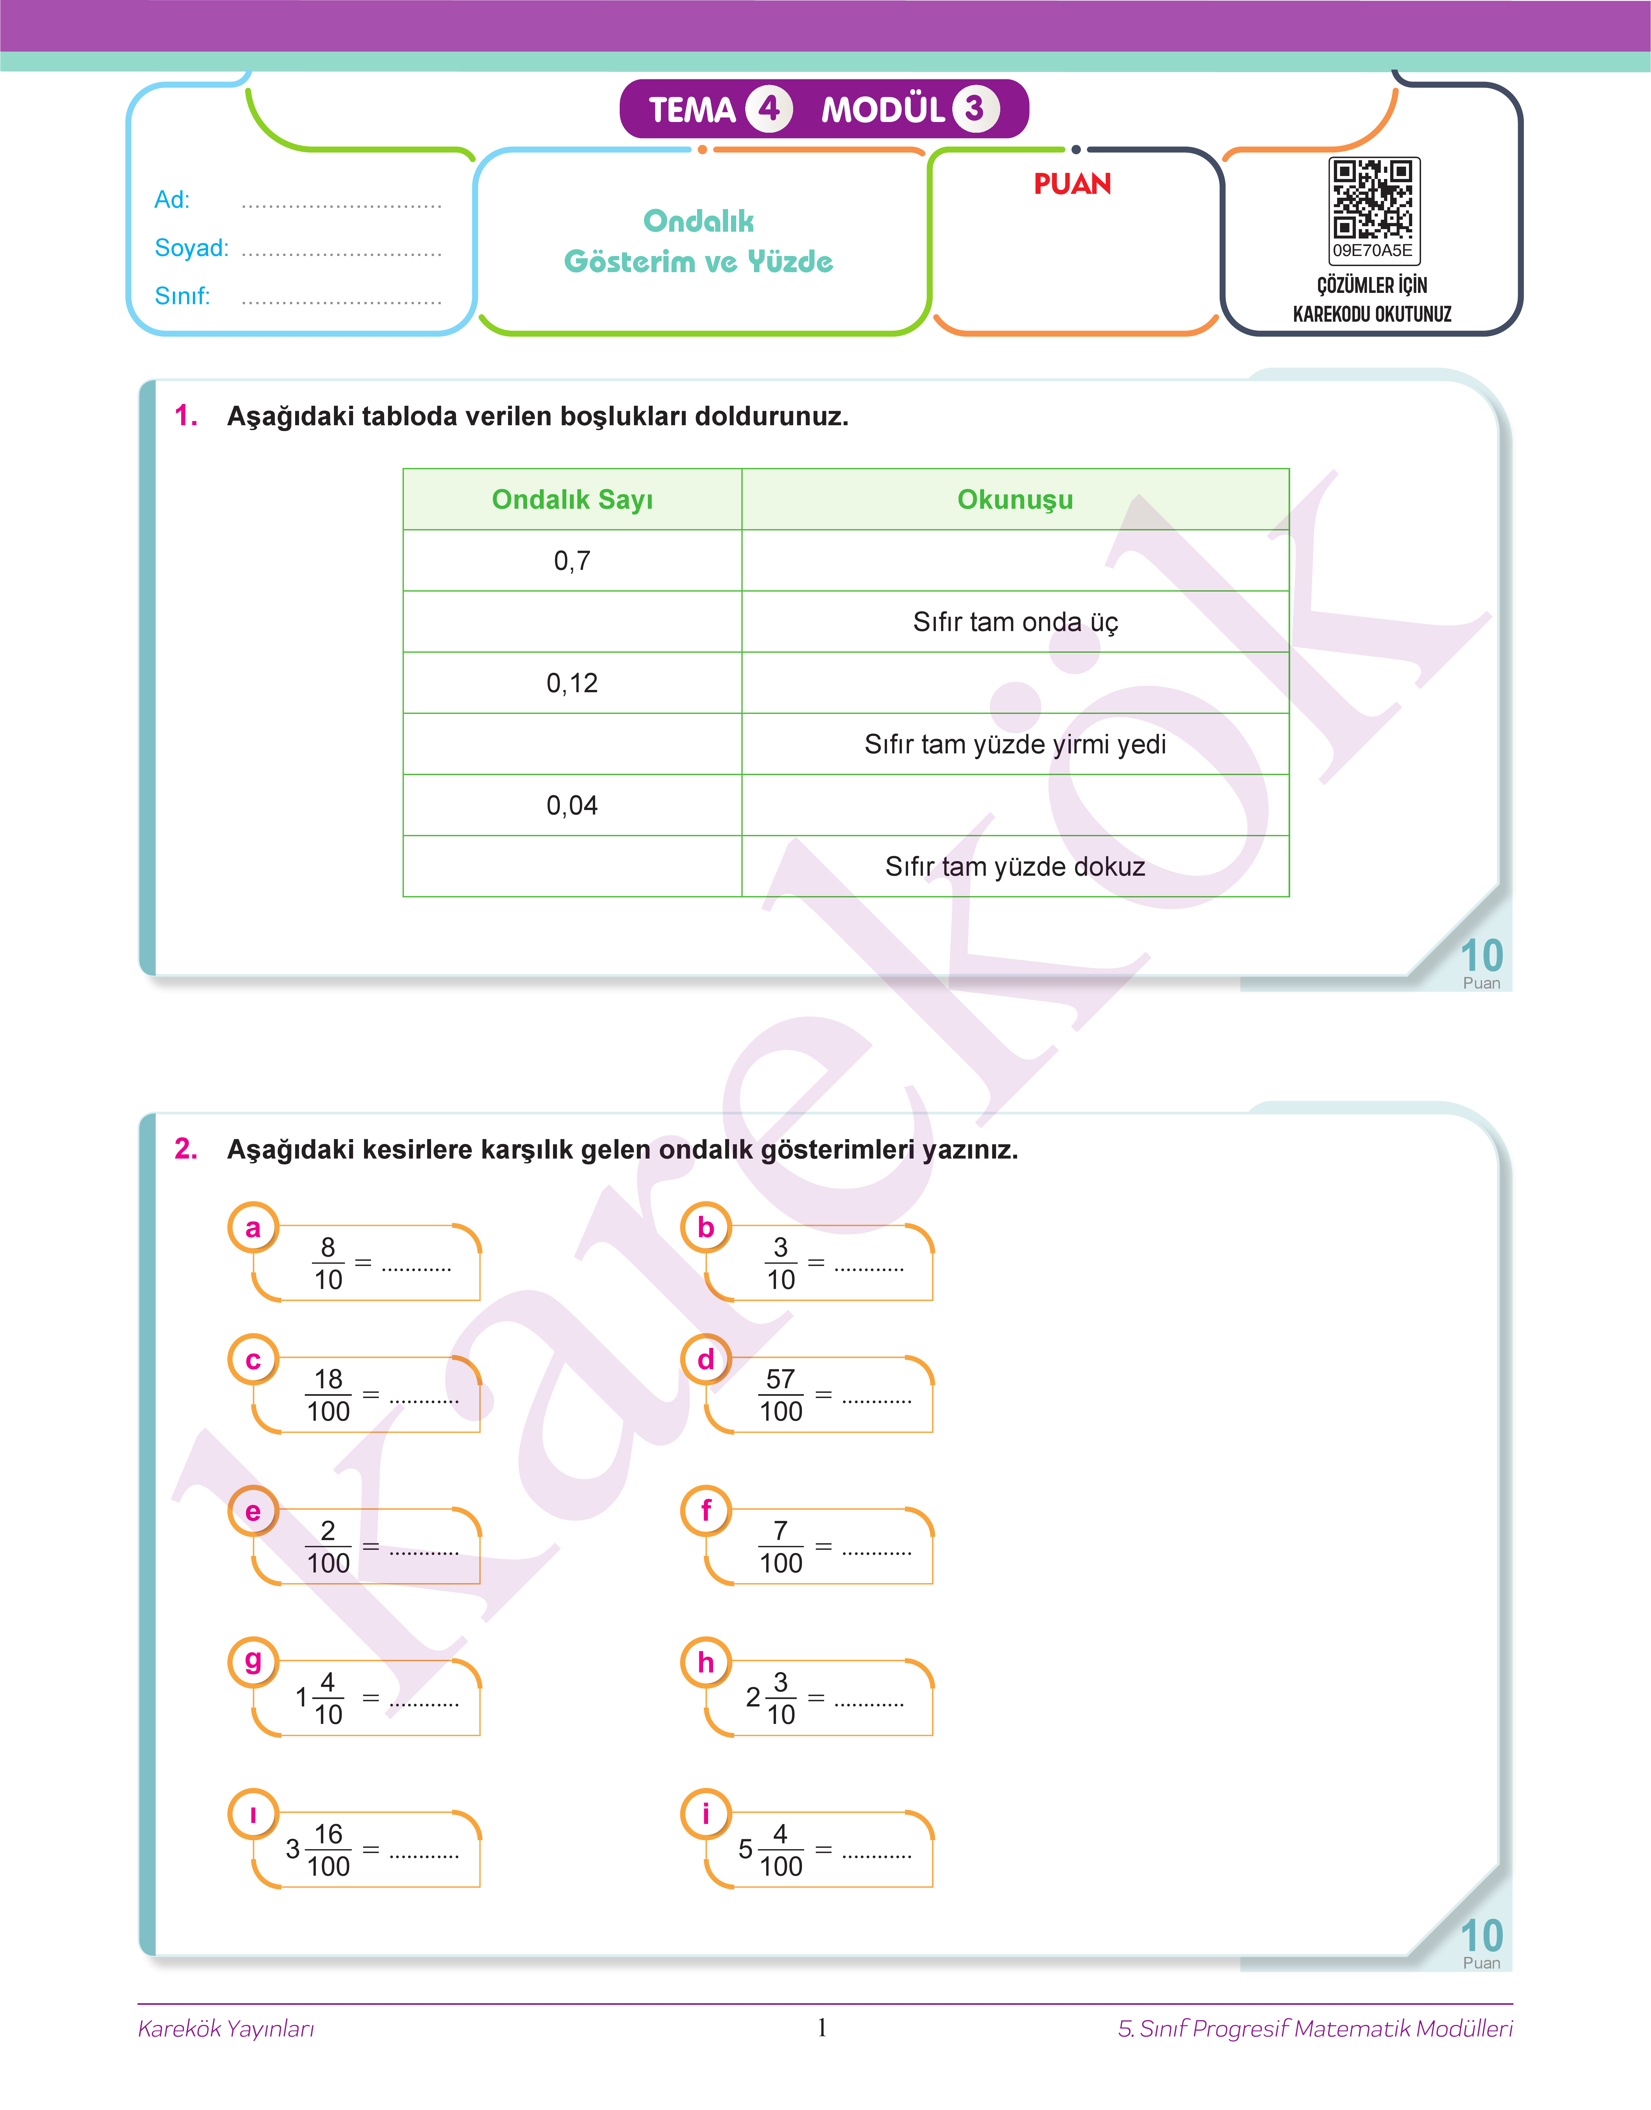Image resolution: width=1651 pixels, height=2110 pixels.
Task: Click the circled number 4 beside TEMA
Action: (x=769, y=108)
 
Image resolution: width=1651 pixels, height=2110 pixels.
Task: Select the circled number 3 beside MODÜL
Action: (x=974, y=108)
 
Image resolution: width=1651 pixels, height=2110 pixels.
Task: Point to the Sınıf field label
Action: (x=182, y=296)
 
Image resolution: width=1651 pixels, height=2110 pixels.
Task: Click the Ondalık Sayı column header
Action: (x=572, y=500)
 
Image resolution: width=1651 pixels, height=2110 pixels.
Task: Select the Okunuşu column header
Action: (x=1015, y=500)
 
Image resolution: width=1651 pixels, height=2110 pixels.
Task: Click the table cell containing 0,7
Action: (x=572, y=561)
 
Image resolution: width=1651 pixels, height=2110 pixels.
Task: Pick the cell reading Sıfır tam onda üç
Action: (x=1015, y=621)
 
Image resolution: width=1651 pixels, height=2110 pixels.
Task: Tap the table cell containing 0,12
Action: (x=572, y=683)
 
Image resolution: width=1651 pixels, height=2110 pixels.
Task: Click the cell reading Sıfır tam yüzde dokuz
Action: (x=1015, y=866)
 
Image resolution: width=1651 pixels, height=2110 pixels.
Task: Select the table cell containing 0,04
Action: (x=572, y=805)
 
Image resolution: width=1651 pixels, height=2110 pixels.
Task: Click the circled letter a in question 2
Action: (x=253, y=1227)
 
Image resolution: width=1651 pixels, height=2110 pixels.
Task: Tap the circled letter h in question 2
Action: (x=706, y=1662)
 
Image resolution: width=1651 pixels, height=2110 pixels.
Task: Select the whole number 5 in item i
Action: (x=745, y=1849)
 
